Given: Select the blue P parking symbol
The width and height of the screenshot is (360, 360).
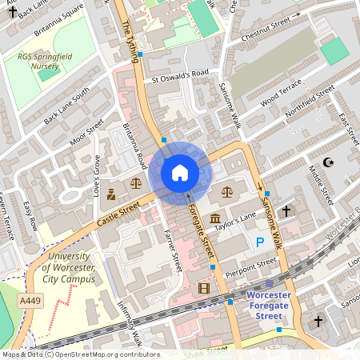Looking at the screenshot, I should tap(258, 242).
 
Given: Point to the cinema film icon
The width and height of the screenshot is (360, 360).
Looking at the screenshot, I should tap(204, 288).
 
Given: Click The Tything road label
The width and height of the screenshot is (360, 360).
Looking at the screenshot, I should tap(131, 36).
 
